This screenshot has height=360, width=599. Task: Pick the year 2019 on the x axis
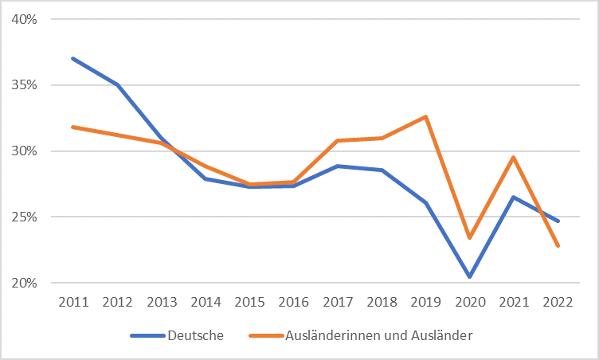pos(426,302)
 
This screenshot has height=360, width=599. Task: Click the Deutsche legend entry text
pos(195,335)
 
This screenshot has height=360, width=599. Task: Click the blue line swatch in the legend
pos(147,335)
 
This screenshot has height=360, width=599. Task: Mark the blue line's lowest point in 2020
pos(471,276)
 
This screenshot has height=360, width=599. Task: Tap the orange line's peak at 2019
pos(426,116)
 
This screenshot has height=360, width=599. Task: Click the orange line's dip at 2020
pos(471,237)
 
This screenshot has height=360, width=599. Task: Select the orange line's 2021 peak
pos(515,157)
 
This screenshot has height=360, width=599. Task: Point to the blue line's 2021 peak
pos(515,197)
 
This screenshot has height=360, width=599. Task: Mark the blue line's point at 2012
pos(116,84)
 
